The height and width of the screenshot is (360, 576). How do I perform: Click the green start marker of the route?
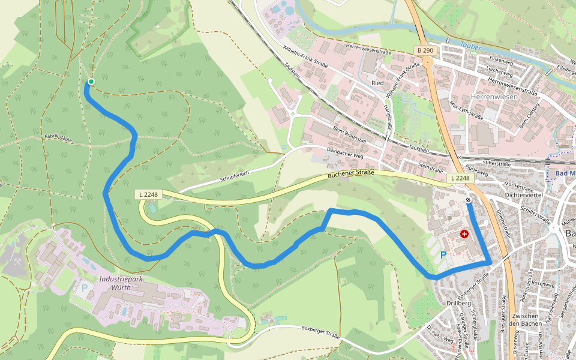point(91,82)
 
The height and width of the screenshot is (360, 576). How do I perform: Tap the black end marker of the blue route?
point(468,200)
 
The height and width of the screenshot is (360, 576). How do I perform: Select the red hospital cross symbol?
point(464,233)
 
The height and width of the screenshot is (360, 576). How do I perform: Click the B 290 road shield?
point(425,50)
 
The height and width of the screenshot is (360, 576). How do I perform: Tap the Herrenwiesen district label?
point(478,96)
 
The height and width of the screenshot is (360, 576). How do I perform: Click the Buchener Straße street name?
point(351,175)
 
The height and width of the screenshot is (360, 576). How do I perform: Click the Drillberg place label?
point(459,303)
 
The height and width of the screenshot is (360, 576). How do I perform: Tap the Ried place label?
point(377,83)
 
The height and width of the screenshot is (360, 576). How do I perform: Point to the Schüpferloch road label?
point(234,175)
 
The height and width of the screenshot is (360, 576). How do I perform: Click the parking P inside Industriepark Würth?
point(84,288)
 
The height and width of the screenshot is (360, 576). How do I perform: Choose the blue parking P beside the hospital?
point(443,255)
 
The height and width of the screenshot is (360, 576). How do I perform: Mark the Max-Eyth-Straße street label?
point(466,110)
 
